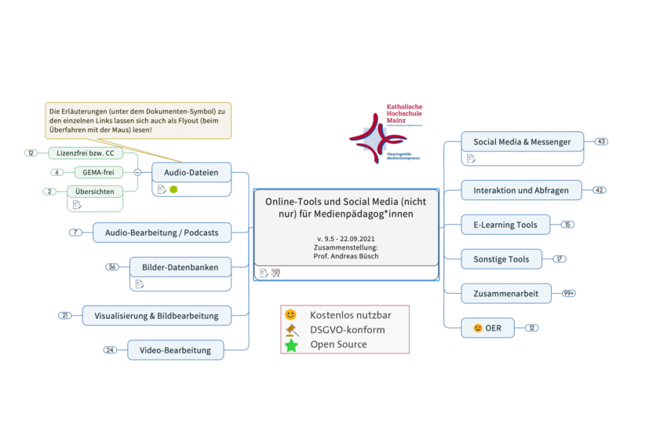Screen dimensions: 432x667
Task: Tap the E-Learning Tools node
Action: (x=505, y=225)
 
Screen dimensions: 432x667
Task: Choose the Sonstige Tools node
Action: (x=501, y=259)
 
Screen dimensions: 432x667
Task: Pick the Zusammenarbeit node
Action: (x=505, y=293)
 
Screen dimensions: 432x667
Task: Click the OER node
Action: (x=487, y=328)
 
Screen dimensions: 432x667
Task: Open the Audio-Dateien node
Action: (x=191, y=172)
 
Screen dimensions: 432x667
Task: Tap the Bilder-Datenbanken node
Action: (x=180, y=267)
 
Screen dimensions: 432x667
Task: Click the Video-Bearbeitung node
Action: (x=175, y=350)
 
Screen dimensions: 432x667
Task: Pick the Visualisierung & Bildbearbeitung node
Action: (x=156, y=316)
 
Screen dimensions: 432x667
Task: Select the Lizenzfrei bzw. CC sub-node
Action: (x=86, y=153)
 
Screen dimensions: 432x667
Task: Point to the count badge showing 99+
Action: (x=569, y=293)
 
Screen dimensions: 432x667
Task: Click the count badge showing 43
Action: (x=602, y=142)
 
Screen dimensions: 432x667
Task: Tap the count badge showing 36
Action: (x=113, y=267)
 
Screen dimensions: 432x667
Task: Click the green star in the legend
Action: (x=291, y=345)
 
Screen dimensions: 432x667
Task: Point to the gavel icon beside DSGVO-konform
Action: (x=292, y=330)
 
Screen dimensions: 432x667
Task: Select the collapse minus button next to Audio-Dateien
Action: (x=137, y=172)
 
